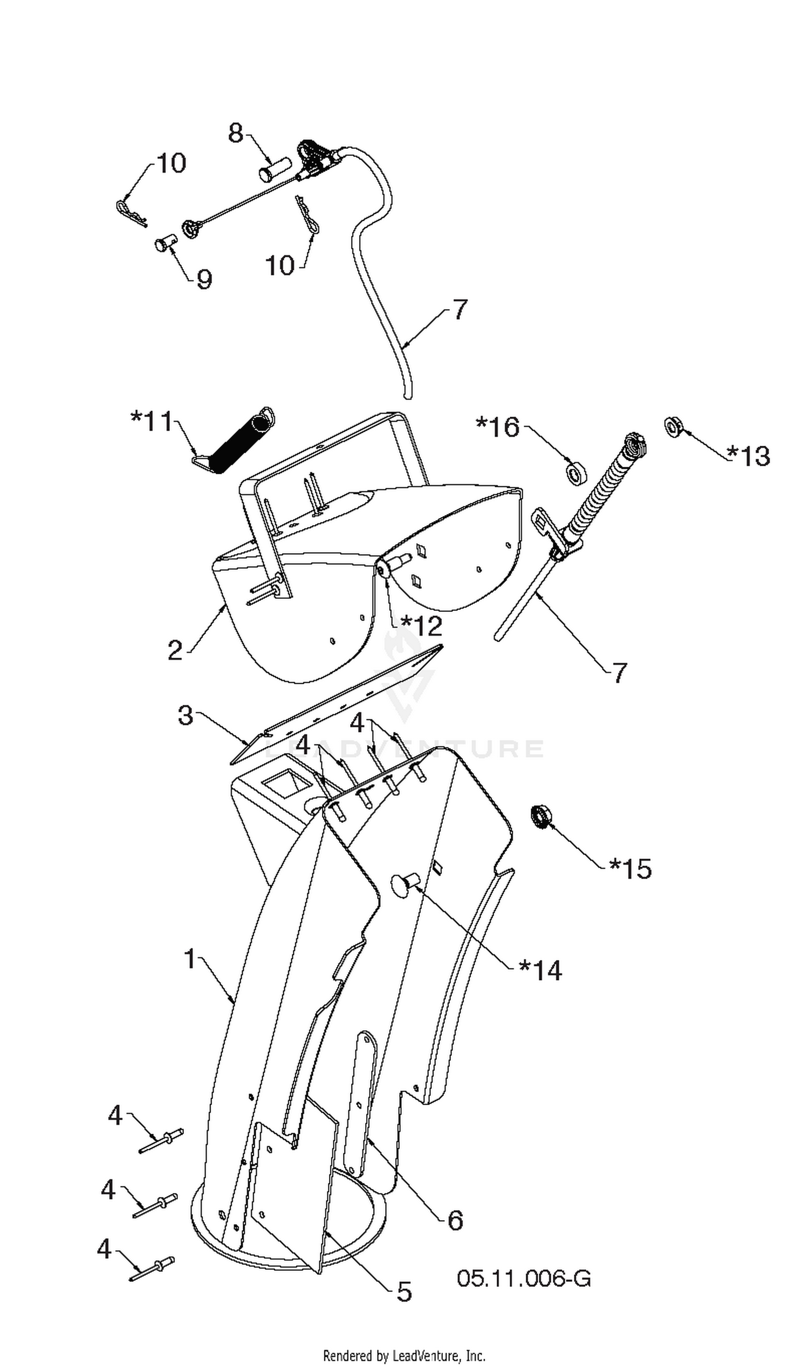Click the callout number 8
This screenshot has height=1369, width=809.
tap(236, 133)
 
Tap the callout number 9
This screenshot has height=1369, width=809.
tap(204, 280)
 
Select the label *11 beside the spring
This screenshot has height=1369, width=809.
tap(151, 421)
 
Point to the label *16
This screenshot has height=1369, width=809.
tap(498, 427)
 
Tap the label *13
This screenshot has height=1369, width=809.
tap(749, 456)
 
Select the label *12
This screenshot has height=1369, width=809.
tap(421, 626)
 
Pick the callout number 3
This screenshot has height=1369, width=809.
tap(186, 715)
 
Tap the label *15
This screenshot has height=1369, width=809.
tap(630, 869)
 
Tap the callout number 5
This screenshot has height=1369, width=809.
tap(404, 1291)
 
